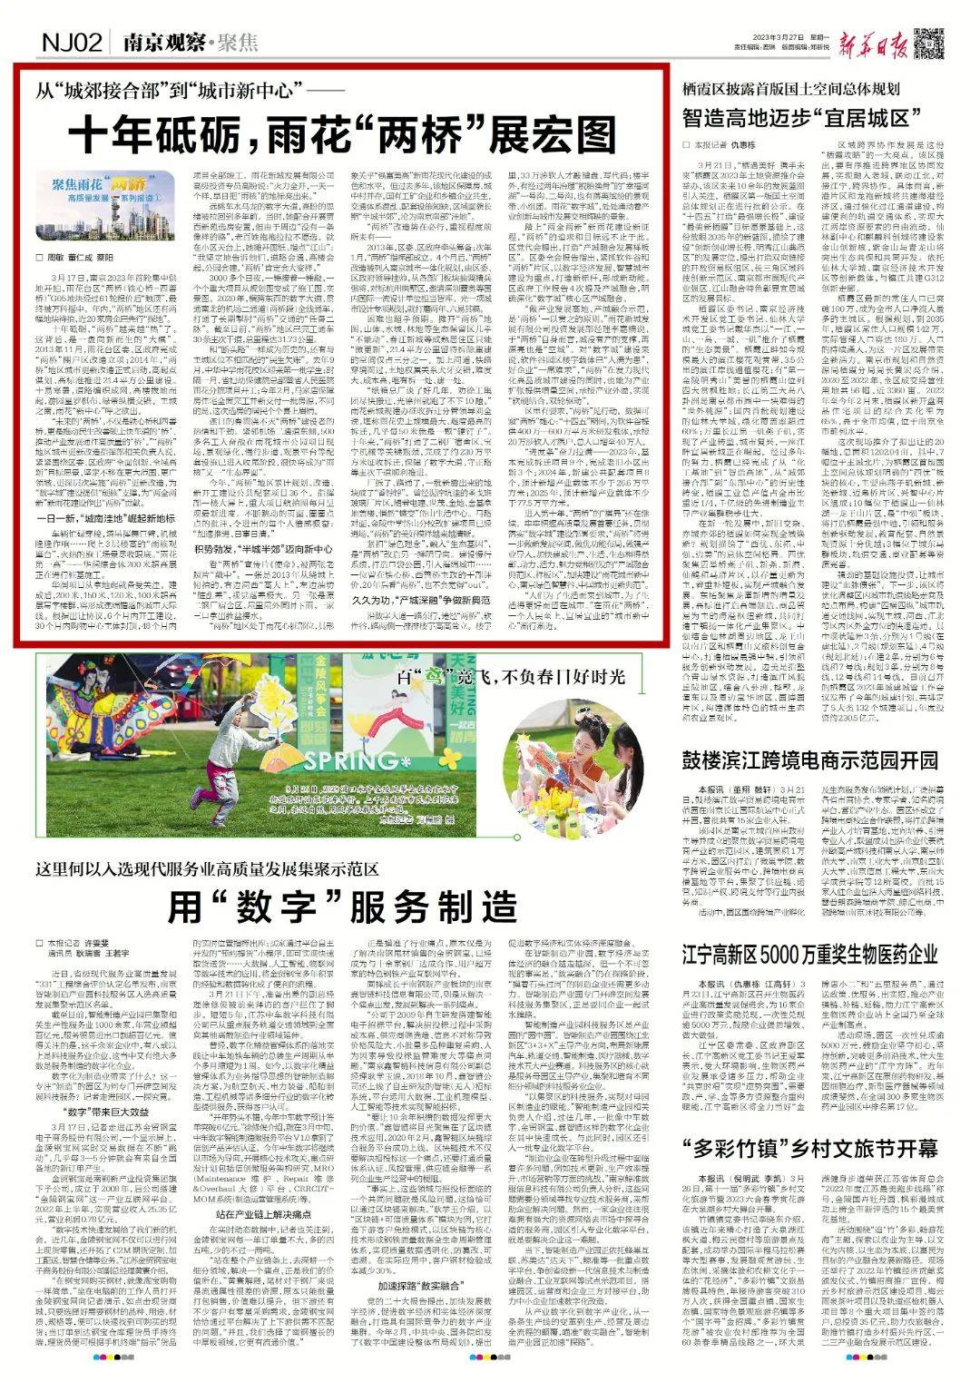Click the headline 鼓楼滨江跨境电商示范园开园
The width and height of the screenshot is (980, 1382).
(x=810, y=760)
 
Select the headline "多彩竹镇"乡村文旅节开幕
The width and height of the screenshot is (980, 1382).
(x=810, y=1147)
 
